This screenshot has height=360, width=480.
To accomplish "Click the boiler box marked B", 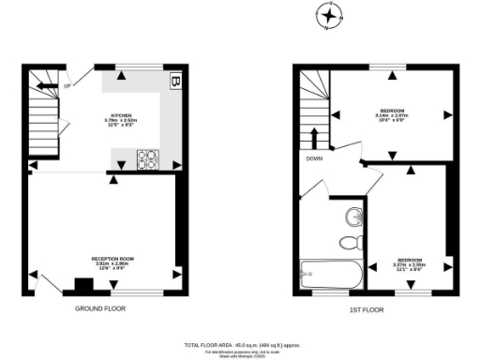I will coord(175,82).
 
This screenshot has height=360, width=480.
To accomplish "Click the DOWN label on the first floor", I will coord(314,158).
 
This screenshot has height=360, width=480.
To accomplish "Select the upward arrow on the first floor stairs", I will coord(314,139).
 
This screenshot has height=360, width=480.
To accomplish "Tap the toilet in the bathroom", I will coord(349,243).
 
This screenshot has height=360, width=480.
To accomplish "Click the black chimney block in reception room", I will coord(78,284).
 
